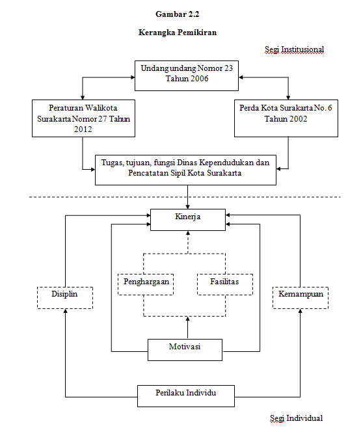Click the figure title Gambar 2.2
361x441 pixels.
[178, 14]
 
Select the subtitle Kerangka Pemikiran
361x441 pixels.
[178, 33]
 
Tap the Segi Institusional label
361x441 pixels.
[294, 50]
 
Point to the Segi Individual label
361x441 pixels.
[297, 418]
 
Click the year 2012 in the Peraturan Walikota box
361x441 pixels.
[83, 129]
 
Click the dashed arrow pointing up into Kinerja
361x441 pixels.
[188, 242]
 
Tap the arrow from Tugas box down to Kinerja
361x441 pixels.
[187, 197]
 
